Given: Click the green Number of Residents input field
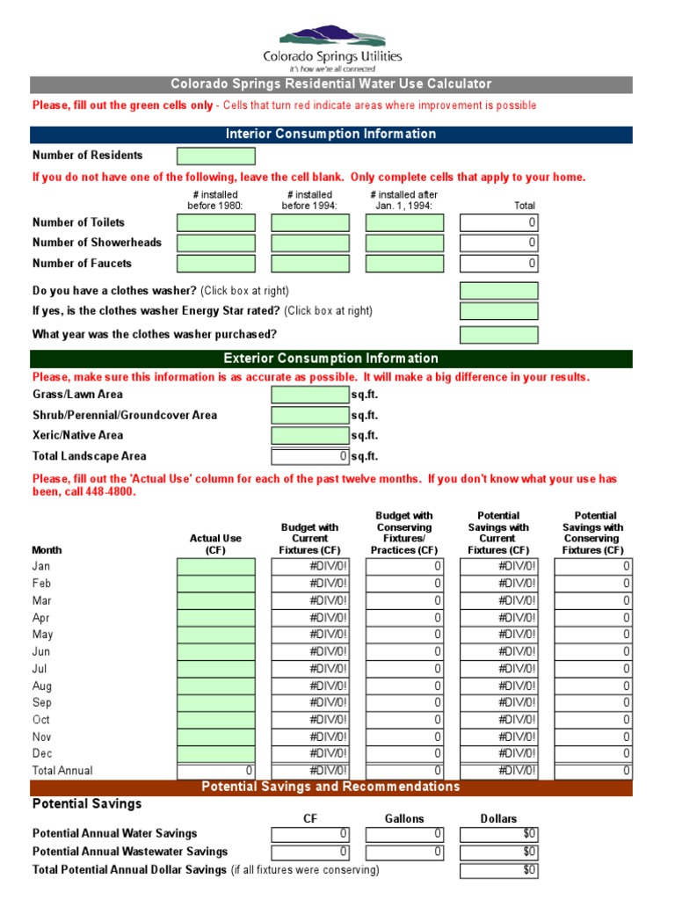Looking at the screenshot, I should [x=216, y=156].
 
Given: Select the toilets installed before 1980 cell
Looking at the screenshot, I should [x=216, y=223].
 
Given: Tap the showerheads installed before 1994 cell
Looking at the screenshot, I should [x=310, y=243].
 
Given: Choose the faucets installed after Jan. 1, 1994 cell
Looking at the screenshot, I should [x=404, y=264].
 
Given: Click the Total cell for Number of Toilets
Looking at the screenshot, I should [x=498, y=223].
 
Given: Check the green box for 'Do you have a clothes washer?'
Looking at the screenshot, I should [x=498, y=291].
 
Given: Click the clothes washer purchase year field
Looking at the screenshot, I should [x=498, y=335].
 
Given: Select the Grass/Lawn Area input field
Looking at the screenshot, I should [x=310, y=395].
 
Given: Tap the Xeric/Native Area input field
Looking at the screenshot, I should [x=310, y=436].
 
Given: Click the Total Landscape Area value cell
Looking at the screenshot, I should [x=310, y=456].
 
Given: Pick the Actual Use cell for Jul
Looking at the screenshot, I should [x=216, y=669].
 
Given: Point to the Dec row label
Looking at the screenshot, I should [x=42, y=753].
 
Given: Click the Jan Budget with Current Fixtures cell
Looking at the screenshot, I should [x=310, y=567].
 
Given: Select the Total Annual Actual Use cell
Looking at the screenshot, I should [x=216, y=771].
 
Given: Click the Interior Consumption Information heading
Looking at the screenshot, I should [x=330, y=134].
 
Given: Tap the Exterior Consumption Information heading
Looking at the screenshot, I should [x=330, y=359].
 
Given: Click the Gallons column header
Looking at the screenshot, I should [x=404, y=818].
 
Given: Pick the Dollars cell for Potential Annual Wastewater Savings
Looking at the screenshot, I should [x=498, y=852].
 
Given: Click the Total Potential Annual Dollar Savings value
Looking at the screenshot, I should [x=498, y=870].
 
